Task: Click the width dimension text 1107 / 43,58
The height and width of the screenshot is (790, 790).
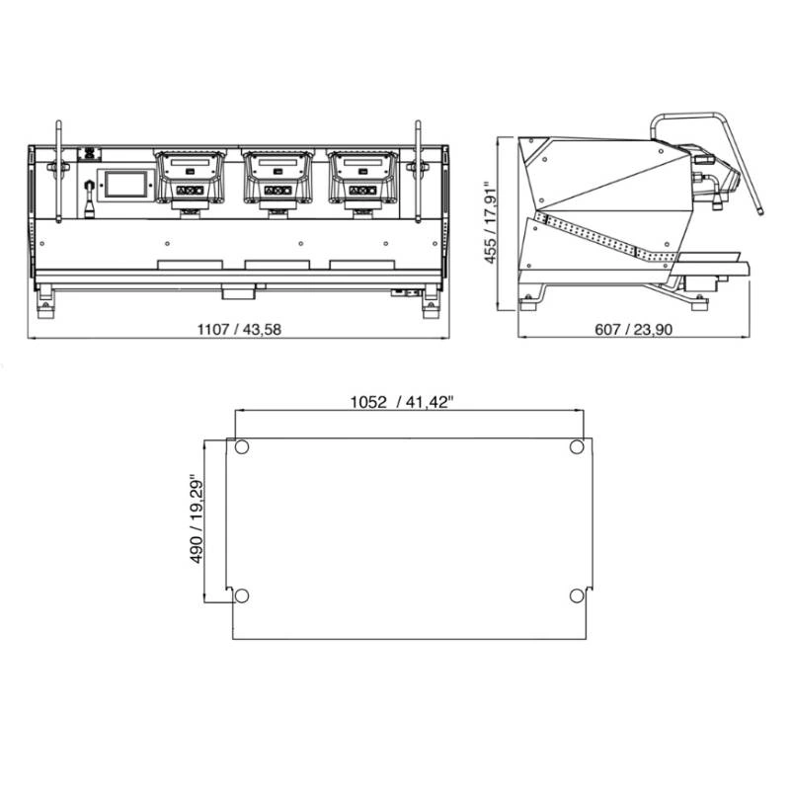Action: click(239, 330)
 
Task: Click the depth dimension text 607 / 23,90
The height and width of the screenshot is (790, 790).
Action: click(633, 330)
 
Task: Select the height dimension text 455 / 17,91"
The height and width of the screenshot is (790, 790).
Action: click(490, 222)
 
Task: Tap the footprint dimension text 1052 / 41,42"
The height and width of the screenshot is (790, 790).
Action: click(402, 402)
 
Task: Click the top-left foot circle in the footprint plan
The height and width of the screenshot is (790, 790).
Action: click(241, 447)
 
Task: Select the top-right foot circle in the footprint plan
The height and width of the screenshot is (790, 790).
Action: click(577, 447)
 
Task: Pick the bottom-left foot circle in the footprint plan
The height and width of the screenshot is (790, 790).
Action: click(242, 595)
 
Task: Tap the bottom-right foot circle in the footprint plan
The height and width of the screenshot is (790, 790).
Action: click(577, 595)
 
